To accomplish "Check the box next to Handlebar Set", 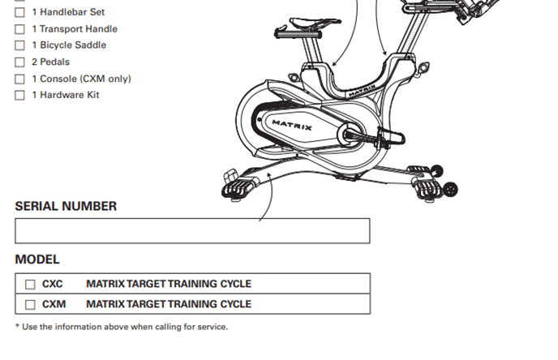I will tap(19, 12).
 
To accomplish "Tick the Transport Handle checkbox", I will tap(19, 29).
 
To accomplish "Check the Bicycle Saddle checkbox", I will tap(19, 45).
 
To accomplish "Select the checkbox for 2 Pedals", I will tap(19, 62).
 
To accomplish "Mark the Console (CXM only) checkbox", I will tap(19, 79).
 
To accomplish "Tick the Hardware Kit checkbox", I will tap(19, 96).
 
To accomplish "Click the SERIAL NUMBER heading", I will tap(66, 206).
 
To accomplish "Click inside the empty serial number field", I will tap(192, 231).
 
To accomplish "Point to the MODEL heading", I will tap(37, 259).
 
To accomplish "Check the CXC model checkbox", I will tap(30, 285).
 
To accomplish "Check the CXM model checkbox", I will tap(30, 305).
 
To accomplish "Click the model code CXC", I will tap(53, 285).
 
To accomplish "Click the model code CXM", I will tap(54, 305).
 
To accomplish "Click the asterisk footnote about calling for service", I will tap(122, 328).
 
